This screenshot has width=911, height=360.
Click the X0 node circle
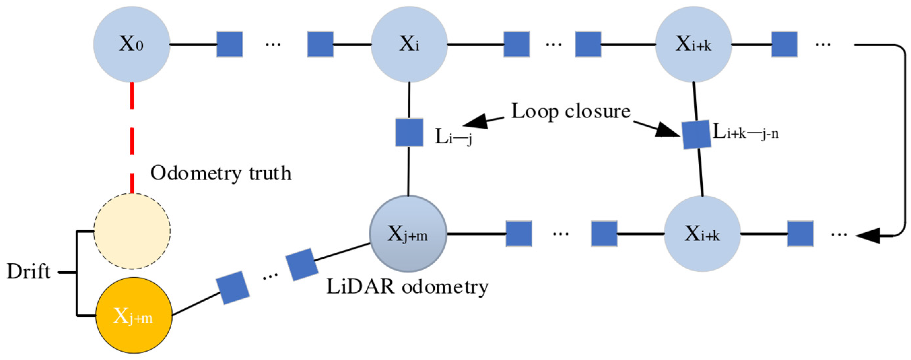point(132,45)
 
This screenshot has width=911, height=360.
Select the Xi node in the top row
point(409,45)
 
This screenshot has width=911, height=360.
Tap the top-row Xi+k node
point(693,45)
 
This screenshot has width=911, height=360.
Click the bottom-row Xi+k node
point(702,234)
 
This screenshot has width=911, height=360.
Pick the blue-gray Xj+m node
point(408,234)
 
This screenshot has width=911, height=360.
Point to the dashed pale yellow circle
point(132,231)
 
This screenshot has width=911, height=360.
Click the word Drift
point(28,272)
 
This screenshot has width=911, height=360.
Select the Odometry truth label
point(221,173)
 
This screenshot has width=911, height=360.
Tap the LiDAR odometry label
point(407,286)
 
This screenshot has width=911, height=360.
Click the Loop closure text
point(571,112)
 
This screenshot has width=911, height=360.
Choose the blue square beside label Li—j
point(409,133)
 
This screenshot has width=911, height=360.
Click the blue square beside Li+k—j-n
point(696,134)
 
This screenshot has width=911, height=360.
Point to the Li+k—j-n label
point(746,133)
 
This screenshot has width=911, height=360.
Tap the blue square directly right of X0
point(229,45)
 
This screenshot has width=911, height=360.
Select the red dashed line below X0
point(132,138)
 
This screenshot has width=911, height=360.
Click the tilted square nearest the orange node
point(233,287)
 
